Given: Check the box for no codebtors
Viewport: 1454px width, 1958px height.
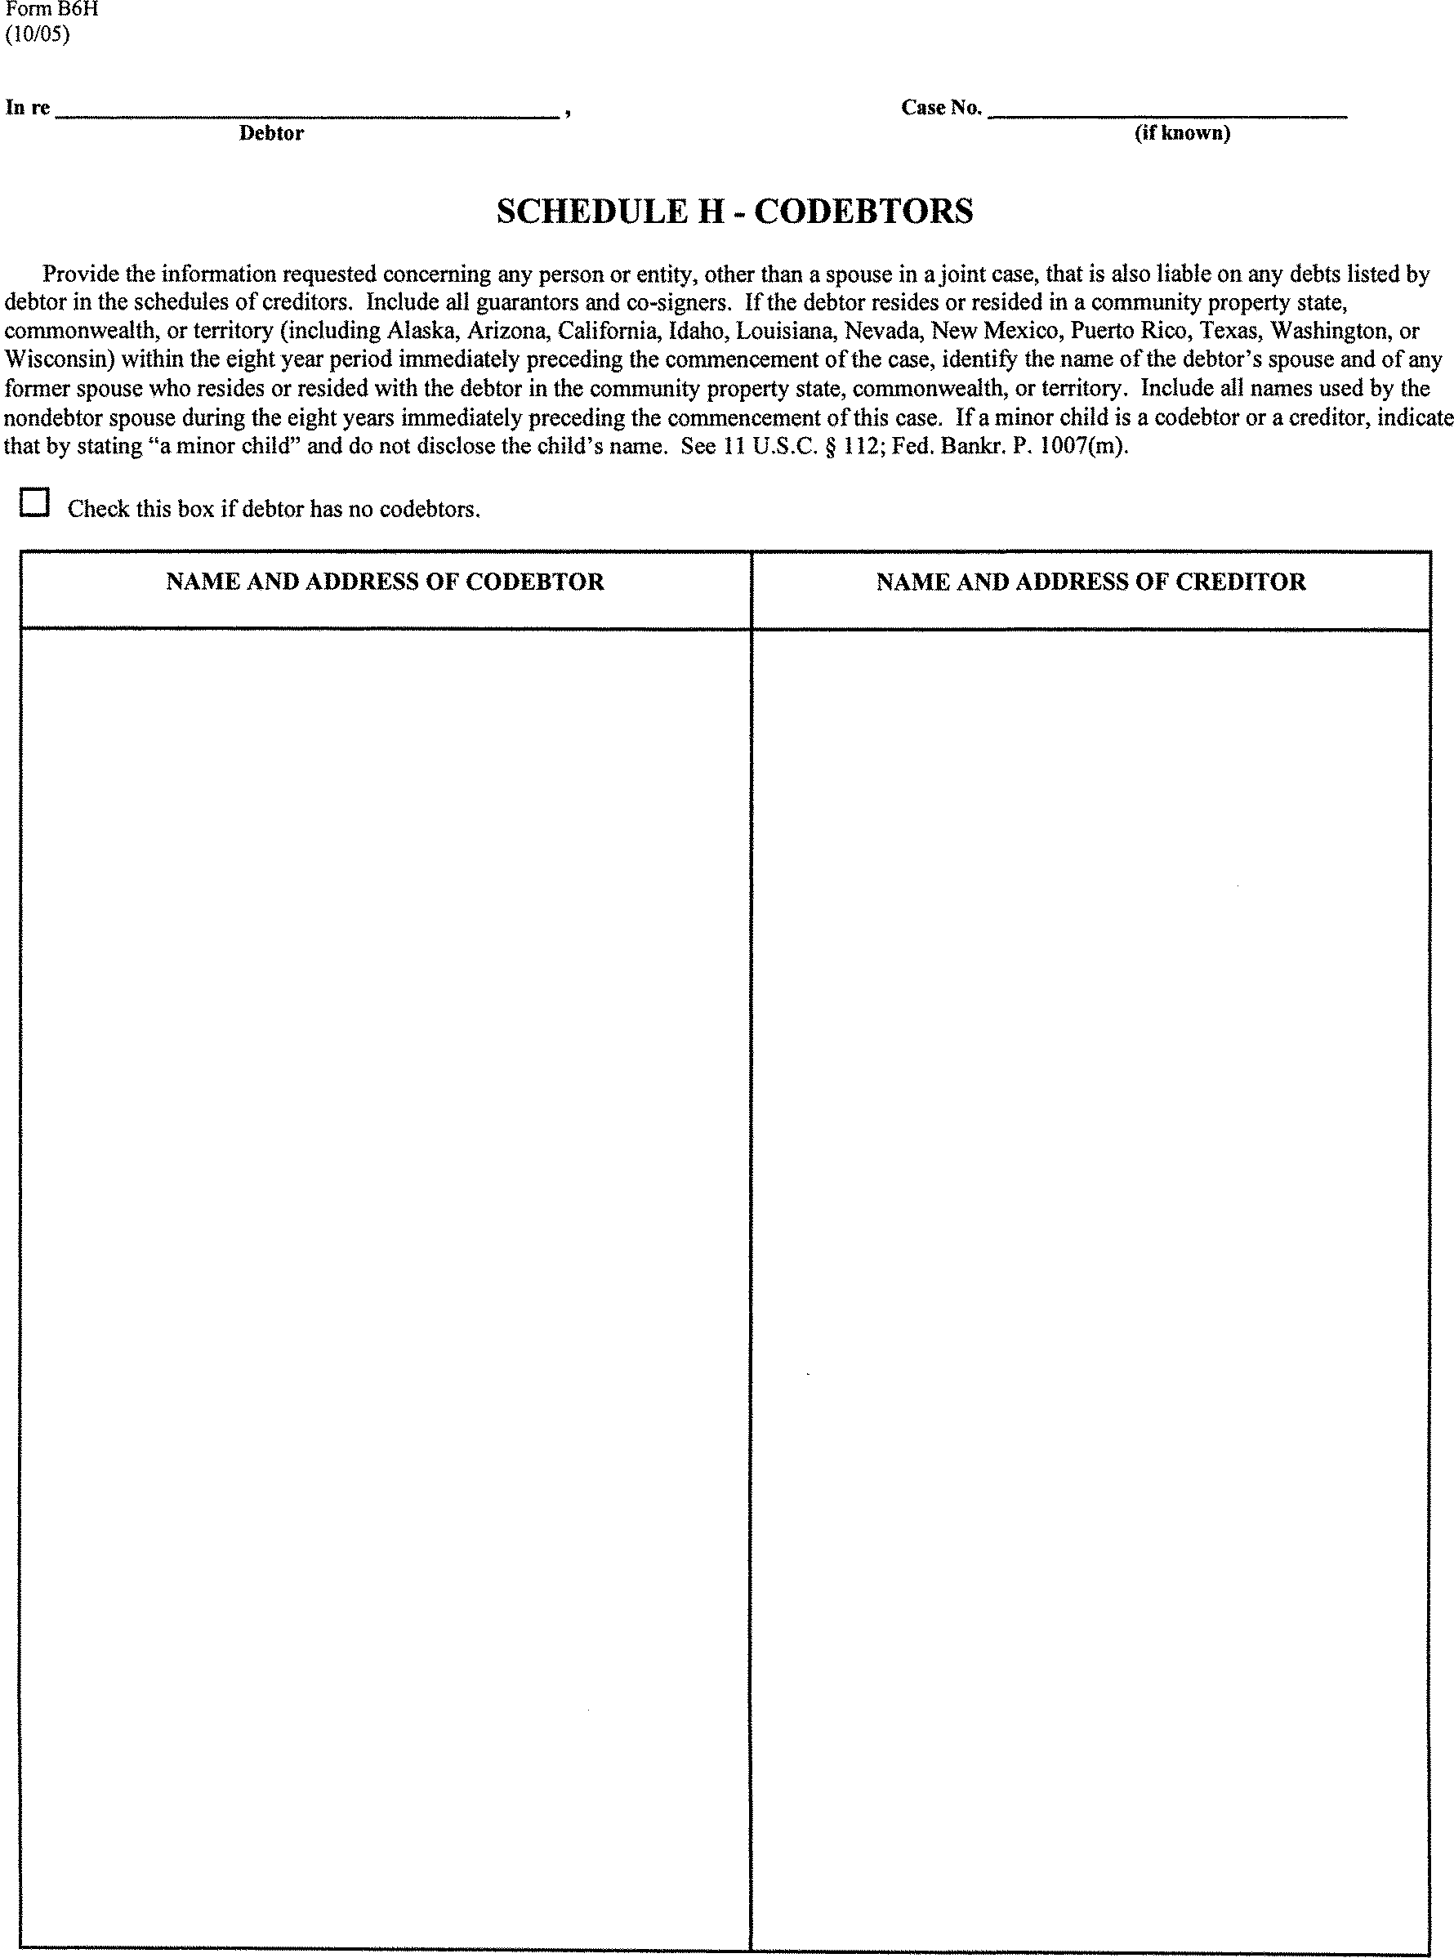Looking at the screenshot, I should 34,503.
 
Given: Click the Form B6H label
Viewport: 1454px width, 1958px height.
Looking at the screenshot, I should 51,10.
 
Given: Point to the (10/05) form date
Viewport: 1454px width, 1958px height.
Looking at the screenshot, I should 37,34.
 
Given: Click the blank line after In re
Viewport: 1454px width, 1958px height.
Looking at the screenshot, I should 307,109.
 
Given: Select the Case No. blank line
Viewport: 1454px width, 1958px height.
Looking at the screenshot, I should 1167,109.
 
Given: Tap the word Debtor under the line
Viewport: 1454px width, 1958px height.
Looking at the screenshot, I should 271,134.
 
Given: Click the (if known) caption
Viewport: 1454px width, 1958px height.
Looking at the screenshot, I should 1182,133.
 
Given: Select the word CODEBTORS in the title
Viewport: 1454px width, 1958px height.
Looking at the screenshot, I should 863,212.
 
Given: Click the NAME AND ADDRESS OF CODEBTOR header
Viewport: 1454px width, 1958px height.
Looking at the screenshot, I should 385,582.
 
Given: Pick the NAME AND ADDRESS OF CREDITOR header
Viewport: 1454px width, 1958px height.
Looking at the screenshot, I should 1090,582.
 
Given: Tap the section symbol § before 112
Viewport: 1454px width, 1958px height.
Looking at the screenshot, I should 831,446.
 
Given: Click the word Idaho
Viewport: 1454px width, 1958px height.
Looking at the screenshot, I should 698,331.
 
